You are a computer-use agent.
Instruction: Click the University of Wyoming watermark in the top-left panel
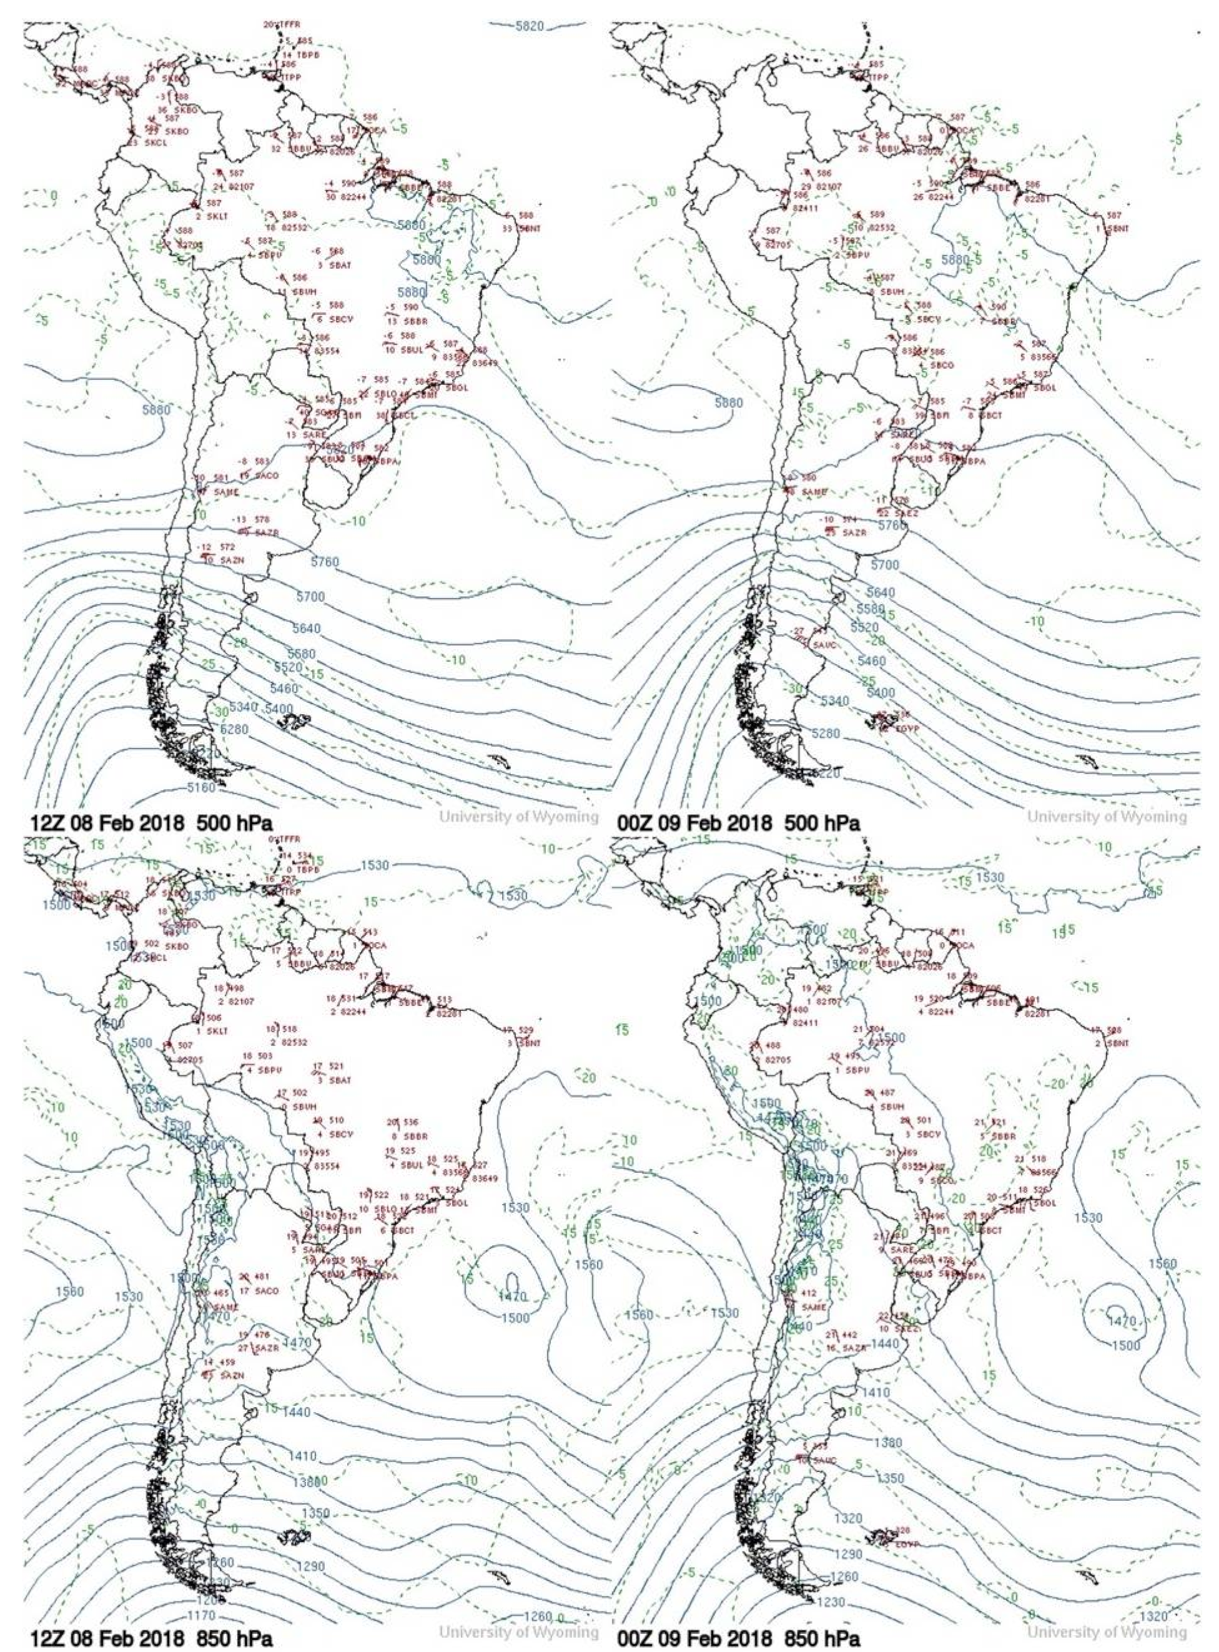click(x=520, y=817)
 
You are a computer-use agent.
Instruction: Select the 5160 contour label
click(x=200, y=788)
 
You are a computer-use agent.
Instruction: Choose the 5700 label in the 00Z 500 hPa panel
click(x=885, y=565)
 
